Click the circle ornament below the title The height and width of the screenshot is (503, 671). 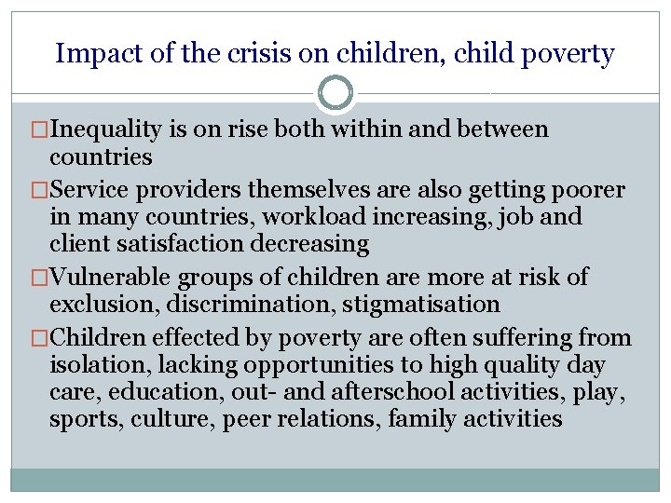pos(335,93)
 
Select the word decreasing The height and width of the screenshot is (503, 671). pos(311,245)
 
